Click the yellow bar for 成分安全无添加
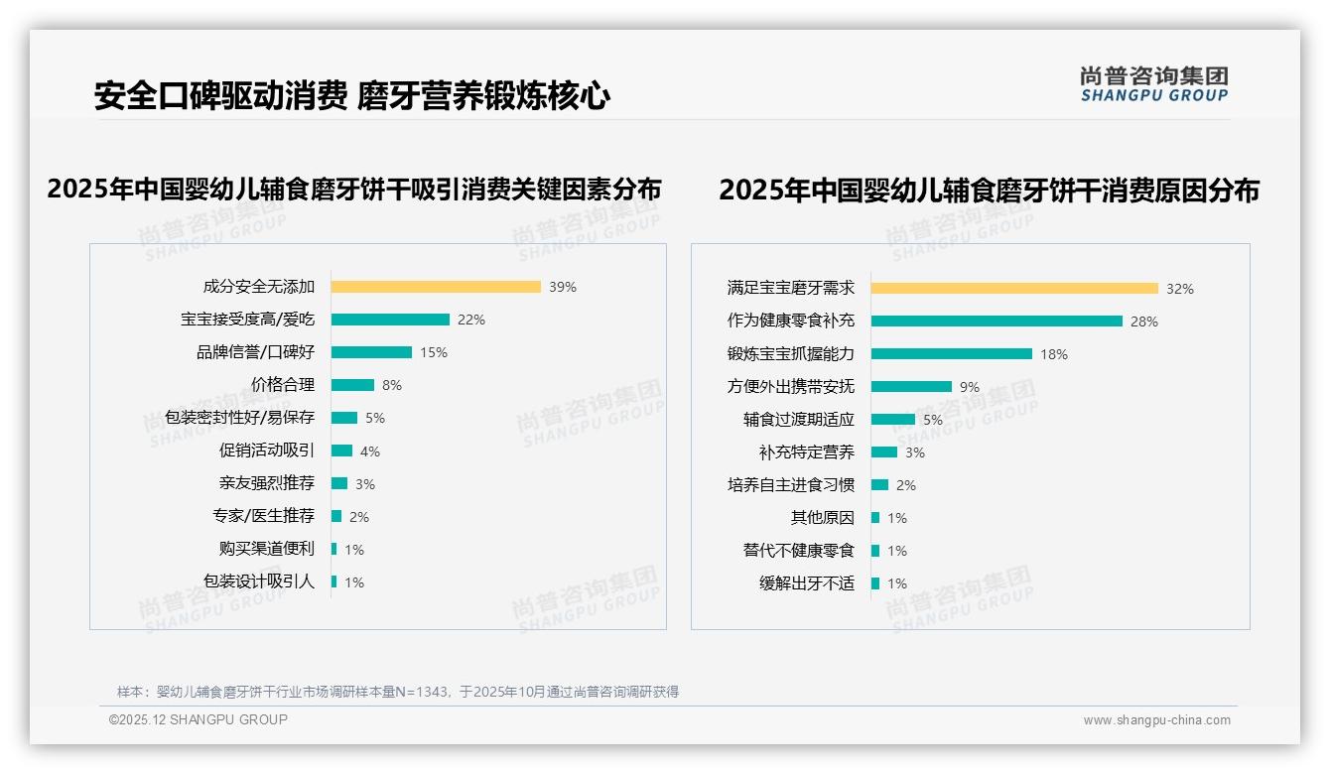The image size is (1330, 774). tap(436, 287)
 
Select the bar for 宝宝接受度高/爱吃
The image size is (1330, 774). tap(390, 320)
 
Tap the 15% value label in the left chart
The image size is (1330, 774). tap(434, 352)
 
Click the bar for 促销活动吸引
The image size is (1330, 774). tap(341, 451)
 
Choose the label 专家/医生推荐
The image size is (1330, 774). tap(263, 516)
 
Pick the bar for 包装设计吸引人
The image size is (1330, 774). tap(334, 581)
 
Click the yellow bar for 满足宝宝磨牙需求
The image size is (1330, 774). tap(1014, 289)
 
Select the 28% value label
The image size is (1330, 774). tap(1144, 322)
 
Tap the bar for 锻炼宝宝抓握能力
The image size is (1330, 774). tap(952, 354)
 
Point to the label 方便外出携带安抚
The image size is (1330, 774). tap(791, 387)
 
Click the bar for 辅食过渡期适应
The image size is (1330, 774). tap(893, 420)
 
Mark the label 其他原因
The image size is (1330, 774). tap(822, 518)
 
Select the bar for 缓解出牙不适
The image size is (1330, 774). tap(875, 583)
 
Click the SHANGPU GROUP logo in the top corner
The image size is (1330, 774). tap(1154, 84)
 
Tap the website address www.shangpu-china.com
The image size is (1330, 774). tap(1156, 720)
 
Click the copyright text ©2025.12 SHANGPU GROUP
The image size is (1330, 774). tap(199, 719)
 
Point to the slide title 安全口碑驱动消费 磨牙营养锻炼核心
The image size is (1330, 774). tap(352, 96)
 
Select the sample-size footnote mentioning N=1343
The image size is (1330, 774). tap(398, 692)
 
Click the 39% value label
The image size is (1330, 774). tap(563, 287)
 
